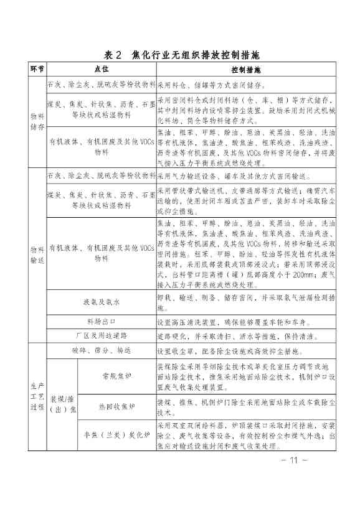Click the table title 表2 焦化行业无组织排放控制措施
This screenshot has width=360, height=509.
181,55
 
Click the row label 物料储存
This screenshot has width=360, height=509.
36,121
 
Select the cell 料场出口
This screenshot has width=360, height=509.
101,322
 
